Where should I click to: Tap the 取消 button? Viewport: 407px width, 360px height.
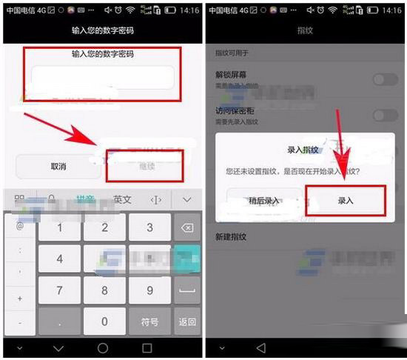click(x=58, y=167)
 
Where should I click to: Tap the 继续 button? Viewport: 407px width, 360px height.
click(x=147, y=167)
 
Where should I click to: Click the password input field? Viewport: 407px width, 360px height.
click(x=103, y=78)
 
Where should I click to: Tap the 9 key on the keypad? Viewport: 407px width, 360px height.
click(x=149, y=290)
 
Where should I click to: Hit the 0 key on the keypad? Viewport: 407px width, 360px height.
click(x=104, y=321)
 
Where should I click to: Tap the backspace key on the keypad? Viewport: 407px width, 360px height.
click(x=187, y=227)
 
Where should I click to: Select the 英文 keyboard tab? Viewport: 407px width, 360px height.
click(x=122, y=200)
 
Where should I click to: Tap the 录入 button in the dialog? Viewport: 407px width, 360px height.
click(x=346, y=201)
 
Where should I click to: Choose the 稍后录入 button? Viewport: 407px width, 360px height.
click(x=264, y=201)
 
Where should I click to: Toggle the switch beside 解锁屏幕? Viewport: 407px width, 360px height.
click(x=385, y=79)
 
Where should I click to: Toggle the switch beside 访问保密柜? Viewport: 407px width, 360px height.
click(x=385, y=114)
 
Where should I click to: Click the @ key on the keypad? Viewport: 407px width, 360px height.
click(x=20, y=226)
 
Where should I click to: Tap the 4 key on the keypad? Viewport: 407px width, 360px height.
click(x=60, y=259)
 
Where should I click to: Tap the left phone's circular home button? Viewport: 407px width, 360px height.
click(x=103, y=347)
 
